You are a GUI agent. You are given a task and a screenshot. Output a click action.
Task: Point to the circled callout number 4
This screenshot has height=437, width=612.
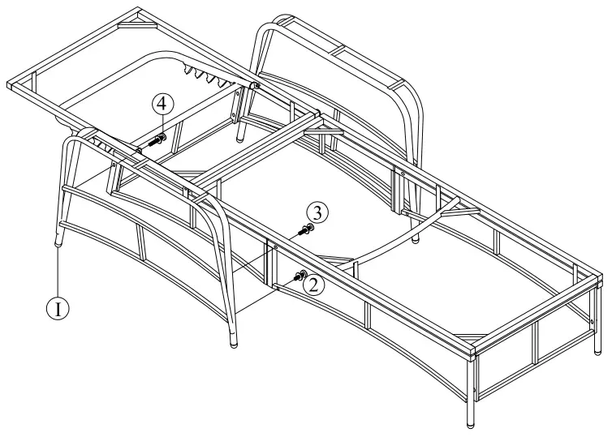tap(162, 104)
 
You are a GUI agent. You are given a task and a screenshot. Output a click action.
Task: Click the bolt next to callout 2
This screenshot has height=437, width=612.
tap(299, 276)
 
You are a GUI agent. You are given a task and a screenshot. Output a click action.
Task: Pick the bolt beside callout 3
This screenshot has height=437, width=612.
tap(305, 230)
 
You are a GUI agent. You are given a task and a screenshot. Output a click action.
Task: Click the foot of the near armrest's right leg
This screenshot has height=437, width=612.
tap(235, 342)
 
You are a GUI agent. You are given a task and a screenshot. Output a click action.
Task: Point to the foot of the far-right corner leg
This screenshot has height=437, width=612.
tap(598, 350)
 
